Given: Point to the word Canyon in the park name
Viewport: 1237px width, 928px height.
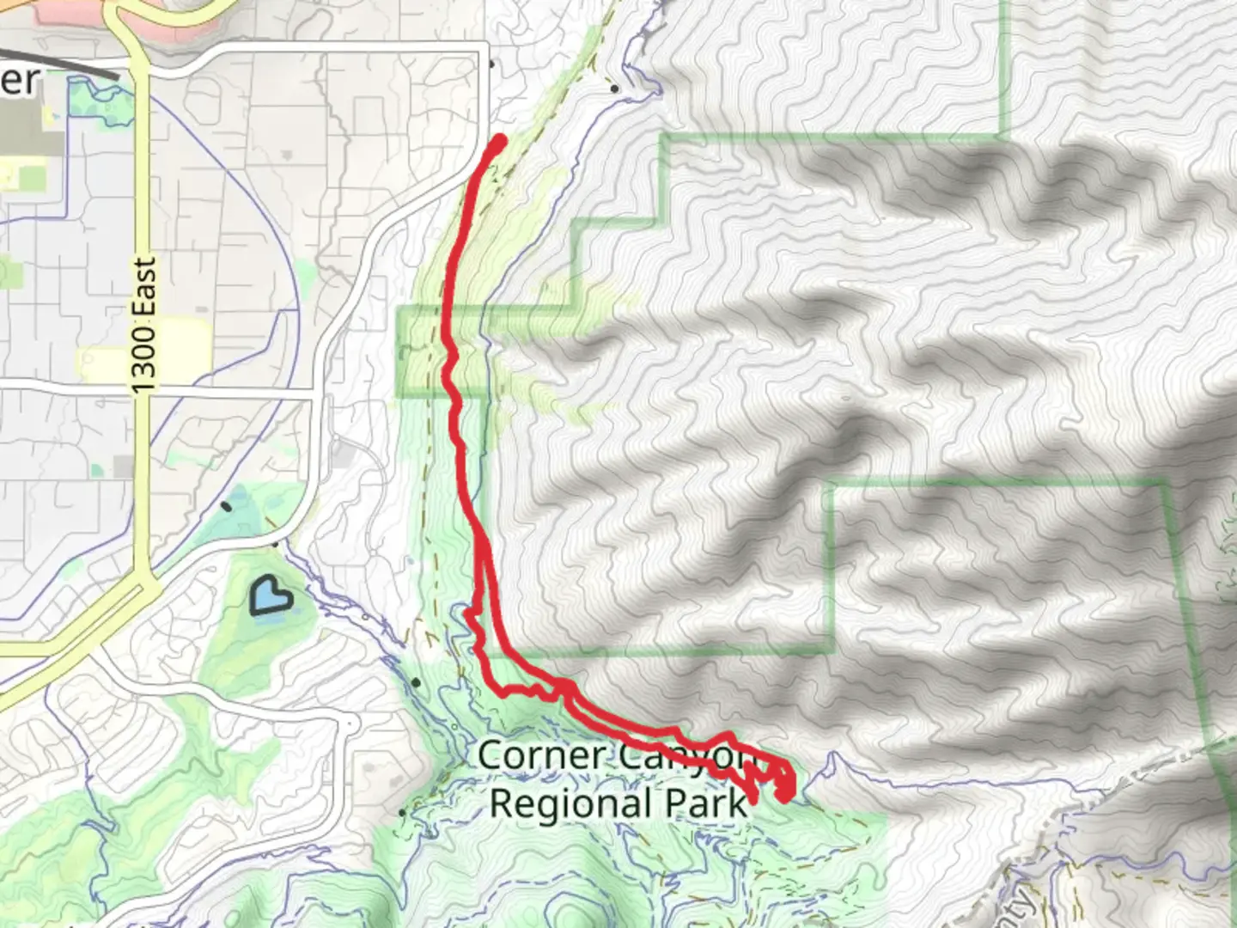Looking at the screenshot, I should (x=679, y=756).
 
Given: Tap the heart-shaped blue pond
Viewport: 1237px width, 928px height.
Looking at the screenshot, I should (x=271, y=595).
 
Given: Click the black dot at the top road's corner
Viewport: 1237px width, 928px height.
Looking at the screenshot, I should (x=491, y=64).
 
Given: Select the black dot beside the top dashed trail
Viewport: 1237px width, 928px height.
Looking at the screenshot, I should (x=614, y=88).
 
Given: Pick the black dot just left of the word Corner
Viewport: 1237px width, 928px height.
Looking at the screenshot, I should (x=417, y=682).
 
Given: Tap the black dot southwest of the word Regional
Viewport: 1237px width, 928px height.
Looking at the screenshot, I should (x=403, y=811).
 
